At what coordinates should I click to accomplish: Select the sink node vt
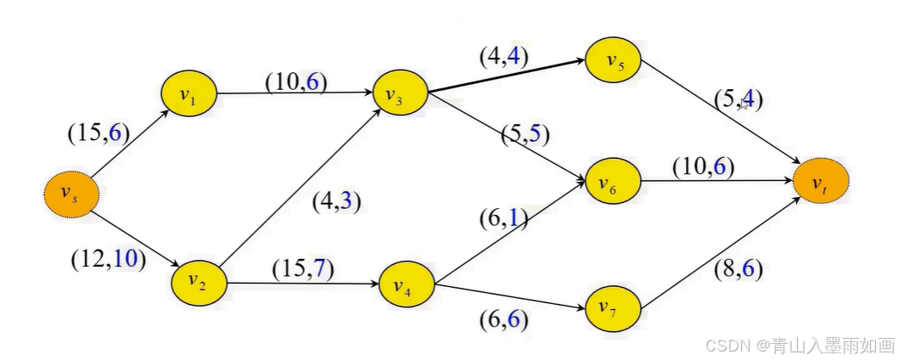pyautogui.click(x=820, y=183)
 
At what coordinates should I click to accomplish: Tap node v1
pyautogui.click(x=189, y=94)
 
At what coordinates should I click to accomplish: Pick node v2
pyautogui.click(x=199, y=281)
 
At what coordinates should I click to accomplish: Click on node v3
pyautogui.click(x=401, y=97)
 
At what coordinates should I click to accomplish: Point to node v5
pyautogui.click(x=613, y=61)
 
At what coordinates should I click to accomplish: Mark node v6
pyautogui.click(x=613, y=181)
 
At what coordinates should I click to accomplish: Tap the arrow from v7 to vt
pyautogui.click(x=721, y=246)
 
